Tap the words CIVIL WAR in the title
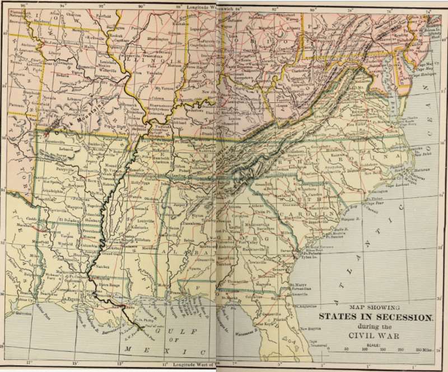[376, 336]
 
